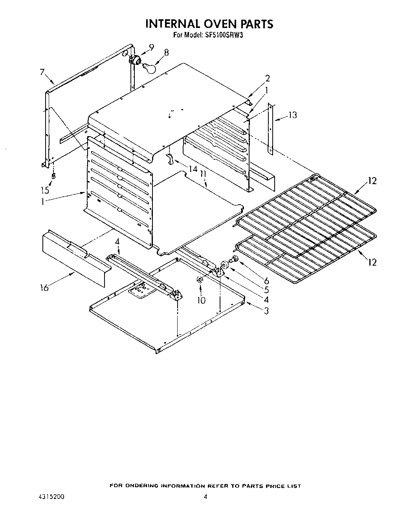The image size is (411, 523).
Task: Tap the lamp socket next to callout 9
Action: (136, 60)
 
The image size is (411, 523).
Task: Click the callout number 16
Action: (44, 288)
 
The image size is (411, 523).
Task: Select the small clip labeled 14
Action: (170, 159)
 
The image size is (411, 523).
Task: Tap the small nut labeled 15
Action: (54, 175)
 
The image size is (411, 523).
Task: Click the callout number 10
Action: (201, 301)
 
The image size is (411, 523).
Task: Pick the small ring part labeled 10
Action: (200, 280)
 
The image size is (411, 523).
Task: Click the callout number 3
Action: (266, 311)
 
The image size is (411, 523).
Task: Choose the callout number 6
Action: (266, 281)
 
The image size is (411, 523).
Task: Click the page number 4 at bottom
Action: (205, 497)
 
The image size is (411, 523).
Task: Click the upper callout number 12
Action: (372, 181)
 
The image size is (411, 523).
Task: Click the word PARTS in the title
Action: (257, 24)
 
